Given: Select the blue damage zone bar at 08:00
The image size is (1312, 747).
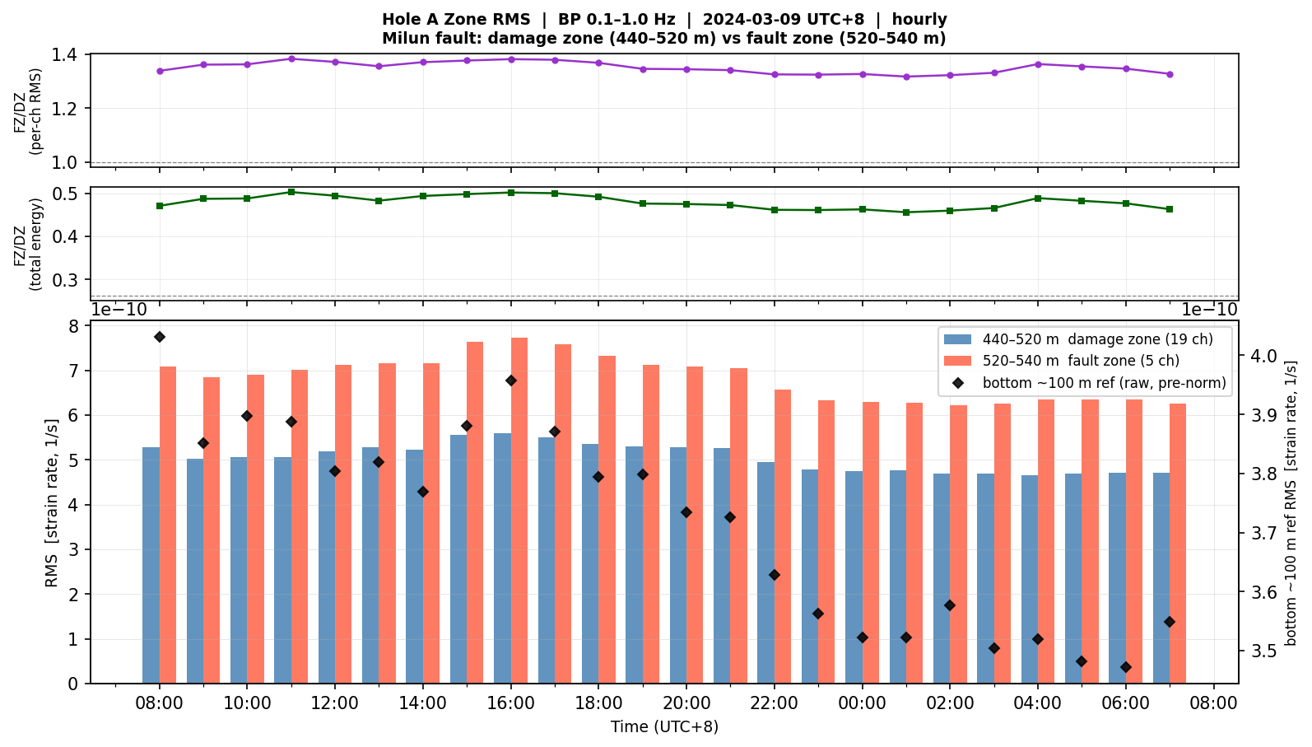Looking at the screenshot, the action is point(151,565).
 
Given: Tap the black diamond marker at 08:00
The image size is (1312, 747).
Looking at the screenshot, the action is point(160,337).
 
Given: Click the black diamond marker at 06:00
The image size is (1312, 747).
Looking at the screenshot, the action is point(1125,667).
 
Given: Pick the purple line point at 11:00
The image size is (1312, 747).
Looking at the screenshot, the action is point(291,58).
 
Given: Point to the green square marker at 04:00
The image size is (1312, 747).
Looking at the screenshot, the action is point(1037,198).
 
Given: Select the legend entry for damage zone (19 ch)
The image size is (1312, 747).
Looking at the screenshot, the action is point(1078,339).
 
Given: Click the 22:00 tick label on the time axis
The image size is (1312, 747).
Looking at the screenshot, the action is point(774,703).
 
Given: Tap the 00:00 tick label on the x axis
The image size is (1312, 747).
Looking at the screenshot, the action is point(862,703).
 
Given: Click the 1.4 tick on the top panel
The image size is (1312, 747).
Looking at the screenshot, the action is point(64,55).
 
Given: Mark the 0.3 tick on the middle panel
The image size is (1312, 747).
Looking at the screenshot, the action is point(64,280).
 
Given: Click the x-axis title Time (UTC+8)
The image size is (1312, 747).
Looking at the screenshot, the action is point(664,727).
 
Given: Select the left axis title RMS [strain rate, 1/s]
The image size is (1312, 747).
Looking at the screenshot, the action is point(52,503).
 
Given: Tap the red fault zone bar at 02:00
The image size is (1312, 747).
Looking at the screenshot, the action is point(958,544).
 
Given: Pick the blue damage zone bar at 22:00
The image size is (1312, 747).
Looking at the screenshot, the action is point(765,573).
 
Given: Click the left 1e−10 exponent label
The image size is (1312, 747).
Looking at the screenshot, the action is point(119,310).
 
